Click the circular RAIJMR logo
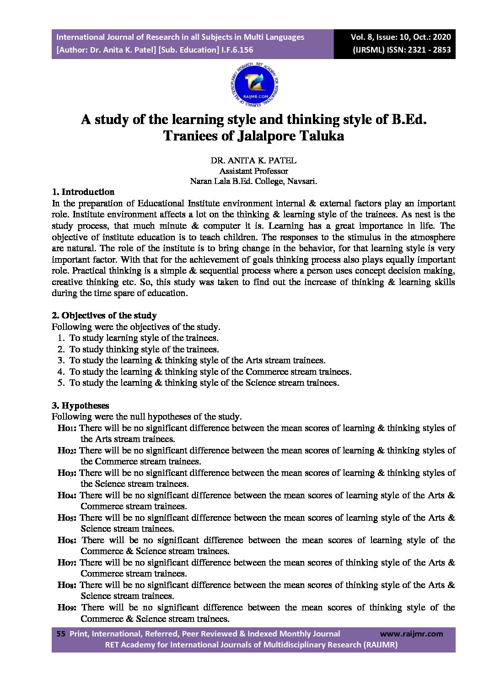pos(254,86)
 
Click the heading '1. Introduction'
pos(83,192)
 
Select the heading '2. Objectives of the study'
pos(104,315)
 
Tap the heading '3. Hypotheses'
pos(80,405)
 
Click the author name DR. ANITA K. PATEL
pos(253,161)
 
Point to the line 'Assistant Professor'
pos(253,171)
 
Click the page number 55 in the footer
pos(60,634)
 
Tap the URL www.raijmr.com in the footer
pos(411,634)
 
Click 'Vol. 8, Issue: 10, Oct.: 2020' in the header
pos(400,37)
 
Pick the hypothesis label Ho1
pos(67,428)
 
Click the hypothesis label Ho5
pos(67,518)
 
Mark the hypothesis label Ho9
pos(68,608)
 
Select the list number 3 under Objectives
pos(61,361)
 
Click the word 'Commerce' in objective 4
pos(267,372)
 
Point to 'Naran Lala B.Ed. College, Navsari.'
pos(253,181)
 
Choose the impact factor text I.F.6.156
pos(237,50)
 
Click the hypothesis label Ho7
pos(67,563)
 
